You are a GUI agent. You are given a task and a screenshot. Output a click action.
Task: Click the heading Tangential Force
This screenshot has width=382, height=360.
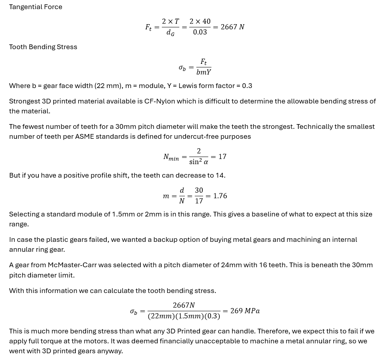tap(36, 7)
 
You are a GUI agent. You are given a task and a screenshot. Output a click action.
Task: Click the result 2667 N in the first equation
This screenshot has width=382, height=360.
tap(232, 27)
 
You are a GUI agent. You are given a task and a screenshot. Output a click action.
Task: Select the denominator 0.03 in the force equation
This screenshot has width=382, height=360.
tap(200, 33)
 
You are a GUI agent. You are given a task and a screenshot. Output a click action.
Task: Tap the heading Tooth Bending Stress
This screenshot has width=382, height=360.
tap(43, 47)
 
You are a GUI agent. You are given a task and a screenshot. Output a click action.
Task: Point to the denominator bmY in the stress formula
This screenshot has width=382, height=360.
tap(203, 73)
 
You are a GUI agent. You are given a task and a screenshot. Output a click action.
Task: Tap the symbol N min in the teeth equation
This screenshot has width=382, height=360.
tap(171, 157)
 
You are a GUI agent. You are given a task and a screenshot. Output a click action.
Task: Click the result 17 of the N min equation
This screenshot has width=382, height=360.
tap(223, 157)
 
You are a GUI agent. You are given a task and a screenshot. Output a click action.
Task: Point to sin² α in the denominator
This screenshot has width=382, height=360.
tap(199, 162)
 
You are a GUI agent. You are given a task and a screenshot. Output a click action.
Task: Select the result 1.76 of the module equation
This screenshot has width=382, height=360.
tap(220, 196)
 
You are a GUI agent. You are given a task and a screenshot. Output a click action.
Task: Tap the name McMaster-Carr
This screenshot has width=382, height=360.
tap(72, 265)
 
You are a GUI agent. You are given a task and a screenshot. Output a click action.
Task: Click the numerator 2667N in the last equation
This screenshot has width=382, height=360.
tap(184, 305)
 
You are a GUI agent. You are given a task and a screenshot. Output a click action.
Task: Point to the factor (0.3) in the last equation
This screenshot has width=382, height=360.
tap(212, 316)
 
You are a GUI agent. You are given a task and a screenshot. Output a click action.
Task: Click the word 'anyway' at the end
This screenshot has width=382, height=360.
tap(110, 351)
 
